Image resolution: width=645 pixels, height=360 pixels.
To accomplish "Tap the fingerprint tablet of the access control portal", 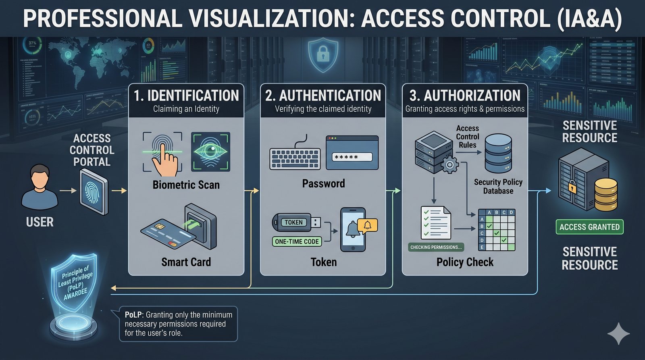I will [94, 191].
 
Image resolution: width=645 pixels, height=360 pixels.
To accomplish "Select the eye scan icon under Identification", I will [210, 152].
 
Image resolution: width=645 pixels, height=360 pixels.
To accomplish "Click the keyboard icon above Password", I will [295, 158].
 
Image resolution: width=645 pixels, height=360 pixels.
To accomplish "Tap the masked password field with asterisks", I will [352, 157].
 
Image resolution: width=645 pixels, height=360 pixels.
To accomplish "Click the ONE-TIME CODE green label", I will [297, 241].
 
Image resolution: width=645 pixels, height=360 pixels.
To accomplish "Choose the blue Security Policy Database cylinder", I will [498, 154].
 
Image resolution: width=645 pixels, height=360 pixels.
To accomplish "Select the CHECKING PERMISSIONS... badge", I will [436, 247].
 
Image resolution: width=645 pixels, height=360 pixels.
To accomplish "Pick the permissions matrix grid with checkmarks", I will [497, 229].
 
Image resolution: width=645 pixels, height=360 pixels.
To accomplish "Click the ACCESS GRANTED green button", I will [589, 227].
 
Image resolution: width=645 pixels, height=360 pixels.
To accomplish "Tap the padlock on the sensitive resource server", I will [572, 187].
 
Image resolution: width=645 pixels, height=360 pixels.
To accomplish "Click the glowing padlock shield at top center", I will [323, 54].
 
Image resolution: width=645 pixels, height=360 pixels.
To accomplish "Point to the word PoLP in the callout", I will [133, 315].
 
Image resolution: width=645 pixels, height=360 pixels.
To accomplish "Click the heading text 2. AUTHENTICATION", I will [323, 96].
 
